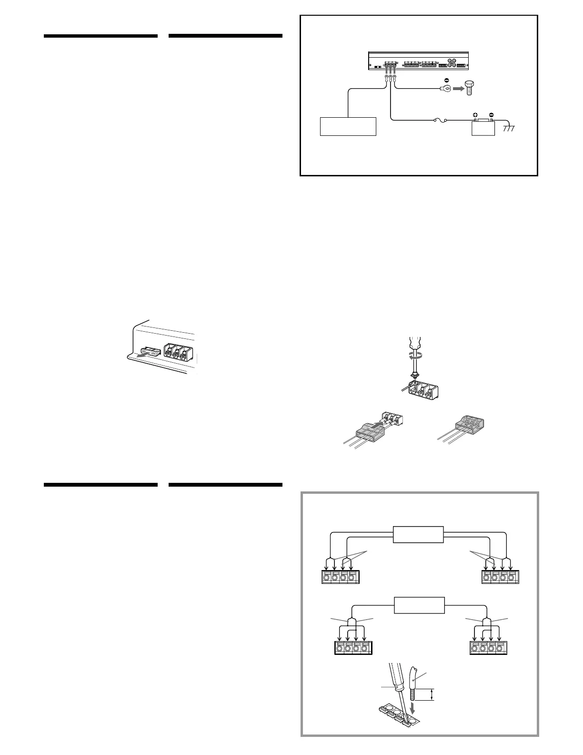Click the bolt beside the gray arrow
(470, 88)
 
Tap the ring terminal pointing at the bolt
(447, 88)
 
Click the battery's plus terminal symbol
(475, 115)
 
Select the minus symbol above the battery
(491, 115)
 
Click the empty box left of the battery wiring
(348, 126)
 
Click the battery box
(483, 128)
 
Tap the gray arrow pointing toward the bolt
(458, 88)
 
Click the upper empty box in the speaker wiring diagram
(418, 534)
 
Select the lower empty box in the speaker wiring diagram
(419, 605)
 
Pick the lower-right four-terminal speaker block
(489, 648)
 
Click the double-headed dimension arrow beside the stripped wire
(432, 694)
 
